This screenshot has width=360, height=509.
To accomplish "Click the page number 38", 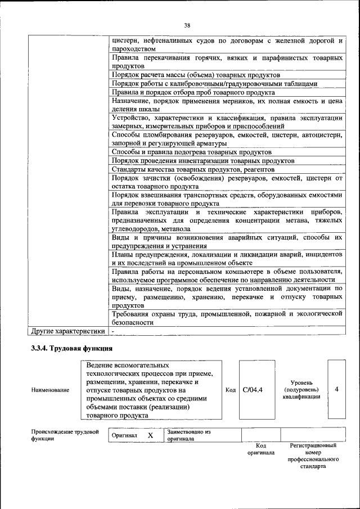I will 187,24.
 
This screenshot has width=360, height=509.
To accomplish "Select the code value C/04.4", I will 253,389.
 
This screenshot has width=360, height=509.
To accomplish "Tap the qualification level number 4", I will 336,389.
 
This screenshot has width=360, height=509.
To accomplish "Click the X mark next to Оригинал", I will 150,435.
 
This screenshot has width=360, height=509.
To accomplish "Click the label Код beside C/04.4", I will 230,389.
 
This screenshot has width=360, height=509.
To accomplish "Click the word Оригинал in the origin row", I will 124,435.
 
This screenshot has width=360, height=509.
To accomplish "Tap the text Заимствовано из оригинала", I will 188,435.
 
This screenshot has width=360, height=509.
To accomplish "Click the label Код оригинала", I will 261,449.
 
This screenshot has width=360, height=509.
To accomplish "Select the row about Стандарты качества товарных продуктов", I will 193,169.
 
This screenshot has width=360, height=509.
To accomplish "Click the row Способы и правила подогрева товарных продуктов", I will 192,152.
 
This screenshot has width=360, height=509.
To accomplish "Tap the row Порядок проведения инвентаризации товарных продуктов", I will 202,161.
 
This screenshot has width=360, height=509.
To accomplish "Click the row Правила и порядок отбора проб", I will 193,92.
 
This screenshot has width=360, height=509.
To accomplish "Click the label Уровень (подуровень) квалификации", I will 301,389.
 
